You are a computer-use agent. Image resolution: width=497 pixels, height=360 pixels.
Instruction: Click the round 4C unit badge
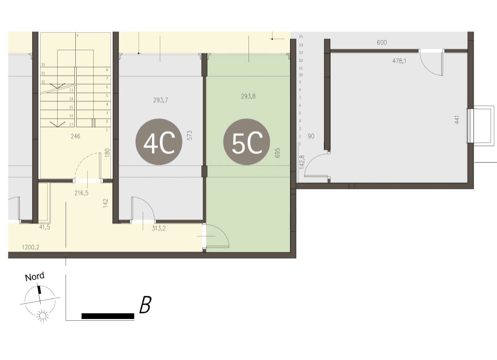pos(159,142)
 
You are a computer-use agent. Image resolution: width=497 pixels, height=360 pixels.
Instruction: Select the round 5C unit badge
pos(247,142)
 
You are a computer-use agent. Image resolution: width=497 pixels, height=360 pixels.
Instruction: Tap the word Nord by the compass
pos(35,277)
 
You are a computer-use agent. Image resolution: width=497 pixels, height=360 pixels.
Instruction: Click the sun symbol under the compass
pos(42,316)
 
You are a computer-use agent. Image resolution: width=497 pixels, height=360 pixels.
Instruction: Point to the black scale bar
pos(108,316)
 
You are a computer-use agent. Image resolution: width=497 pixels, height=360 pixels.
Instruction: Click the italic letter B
pos(145,305)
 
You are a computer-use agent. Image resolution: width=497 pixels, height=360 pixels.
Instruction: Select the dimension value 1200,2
pos(30,247)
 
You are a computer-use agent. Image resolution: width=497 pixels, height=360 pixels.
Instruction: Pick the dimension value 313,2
pos(158,228)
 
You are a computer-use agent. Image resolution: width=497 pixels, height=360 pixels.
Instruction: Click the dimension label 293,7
pos(160,100)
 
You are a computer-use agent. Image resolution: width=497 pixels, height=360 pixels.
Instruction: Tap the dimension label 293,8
pos(248,96)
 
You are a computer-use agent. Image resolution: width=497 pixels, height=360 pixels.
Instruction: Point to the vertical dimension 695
pos(278,153)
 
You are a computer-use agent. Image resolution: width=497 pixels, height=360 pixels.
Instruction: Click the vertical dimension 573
pos(189,135)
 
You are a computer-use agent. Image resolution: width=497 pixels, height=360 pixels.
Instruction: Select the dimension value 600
pos(382,42)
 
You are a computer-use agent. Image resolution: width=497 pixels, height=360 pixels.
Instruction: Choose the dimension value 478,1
pos(399,61)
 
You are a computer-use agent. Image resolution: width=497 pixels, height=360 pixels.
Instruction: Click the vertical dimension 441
pos(457,120)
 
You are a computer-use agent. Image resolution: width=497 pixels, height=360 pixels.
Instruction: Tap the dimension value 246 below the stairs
pos(75,136)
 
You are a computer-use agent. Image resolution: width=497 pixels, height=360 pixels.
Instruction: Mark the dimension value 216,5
pos(81,192)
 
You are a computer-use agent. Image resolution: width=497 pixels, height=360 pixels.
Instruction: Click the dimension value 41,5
pos(44,227)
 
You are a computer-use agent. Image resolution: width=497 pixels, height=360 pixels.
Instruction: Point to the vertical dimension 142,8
pos(302,162)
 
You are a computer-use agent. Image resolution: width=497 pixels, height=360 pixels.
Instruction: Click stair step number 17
pos(71,125)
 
